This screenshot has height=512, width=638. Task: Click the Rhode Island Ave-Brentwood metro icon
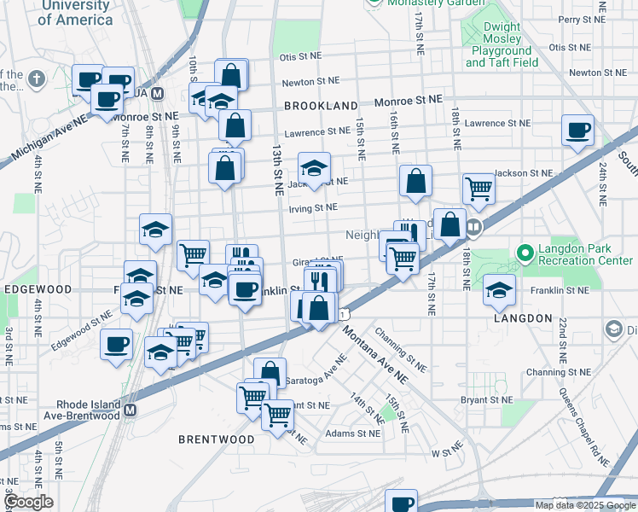pos(130,410)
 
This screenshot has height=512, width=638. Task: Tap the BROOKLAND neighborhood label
pos(320,106)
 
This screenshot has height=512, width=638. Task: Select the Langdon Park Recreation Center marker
pos(526,252)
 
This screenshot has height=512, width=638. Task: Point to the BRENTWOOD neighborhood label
pos(216,439)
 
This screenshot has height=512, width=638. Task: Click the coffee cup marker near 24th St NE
pos(578,131)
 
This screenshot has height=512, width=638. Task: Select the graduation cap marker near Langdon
pos(500,290)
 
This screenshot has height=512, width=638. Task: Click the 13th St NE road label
pos(278,171)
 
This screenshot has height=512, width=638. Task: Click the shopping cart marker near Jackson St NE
pos(479,189)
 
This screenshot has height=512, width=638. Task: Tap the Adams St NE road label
pos(352,433)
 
